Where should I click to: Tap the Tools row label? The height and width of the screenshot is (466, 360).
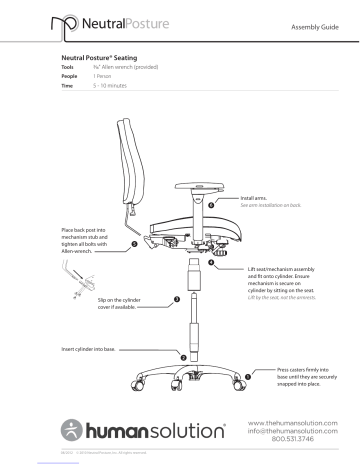coord(69,71)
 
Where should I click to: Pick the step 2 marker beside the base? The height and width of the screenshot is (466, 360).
coord(181,356)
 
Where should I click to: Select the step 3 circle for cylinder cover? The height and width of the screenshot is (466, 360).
coord(176,298)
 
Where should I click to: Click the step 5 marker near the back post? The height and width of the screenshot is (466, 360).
coord(134,243)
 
